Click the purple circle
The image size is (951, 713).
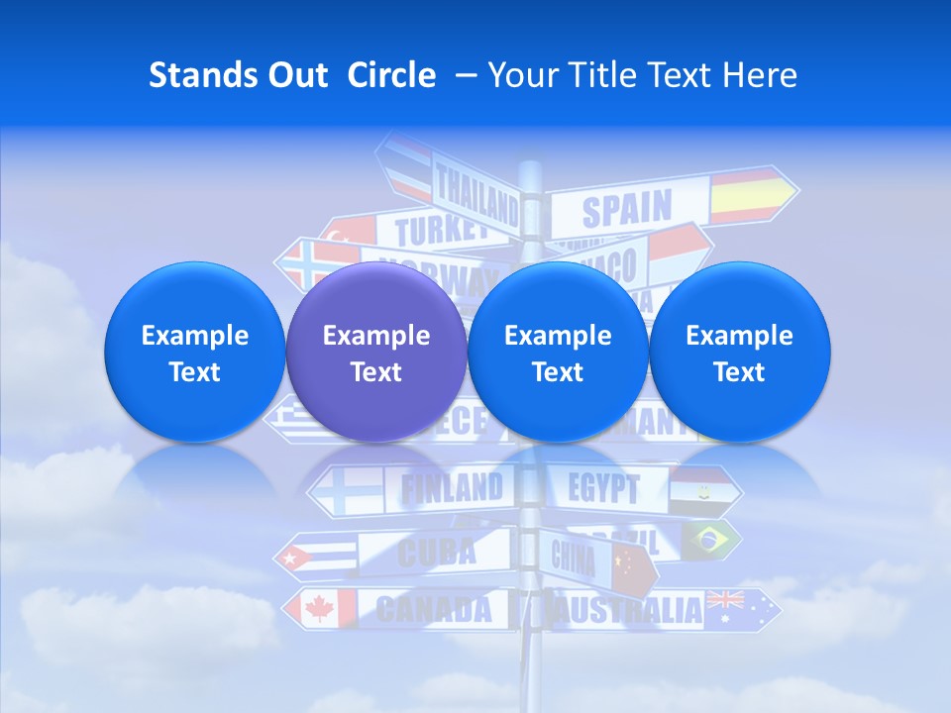tap(375, 353)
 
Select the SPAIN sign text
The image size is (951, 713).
tap(626, 210)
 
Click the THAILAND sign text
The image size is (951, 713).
tap(476, 195)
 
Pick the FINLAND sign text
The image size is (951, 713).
tap(451, 487)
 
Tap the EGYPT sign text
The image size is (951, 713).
tap(603, 488)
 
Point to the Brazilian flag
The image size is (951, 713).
tap(706, 540)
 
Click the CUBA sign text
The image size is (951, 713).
tap(436, 552)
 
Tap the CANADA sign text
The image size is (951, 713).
tap(434, 609)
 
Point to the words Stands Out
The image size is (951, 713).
tap(239, 75)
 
